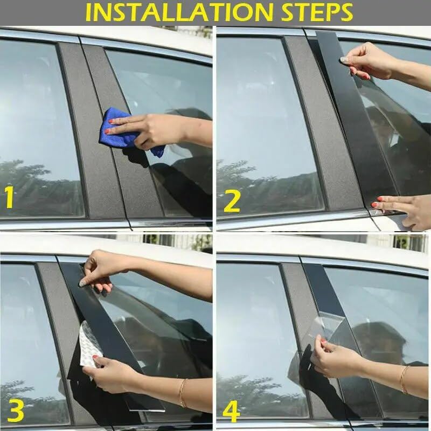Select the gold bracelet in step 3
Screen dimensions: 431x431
[x=183, y=393]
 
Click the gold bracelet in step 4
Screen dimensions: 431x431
[x=403, y=379]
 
